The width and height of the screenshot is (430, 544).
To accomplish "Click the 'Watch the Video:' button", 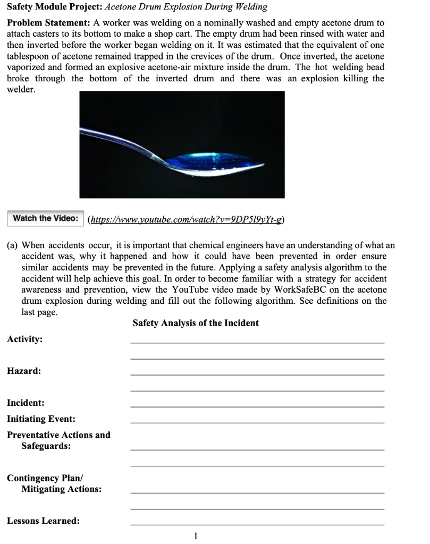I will coord(45,218).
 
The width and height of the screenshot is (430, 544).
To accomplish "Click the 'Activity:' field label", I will coord(25,339).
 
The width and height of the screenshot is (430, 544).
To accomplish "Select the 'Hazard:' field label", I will coord(23,371).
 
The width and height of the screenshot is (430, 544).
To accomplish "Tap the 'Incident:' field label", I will coord(26,403).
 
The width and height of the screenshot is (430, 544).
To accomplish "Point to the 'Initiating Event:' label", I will coord(41,419).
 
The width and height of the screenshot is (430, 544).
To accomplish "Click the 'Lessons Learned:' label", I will coord(44,521).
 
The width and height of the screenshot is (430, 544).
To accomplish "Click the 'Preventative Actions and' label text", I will coord(58,435).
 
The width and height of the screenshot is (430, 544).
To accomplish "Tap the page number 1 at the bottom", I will coord(196,535).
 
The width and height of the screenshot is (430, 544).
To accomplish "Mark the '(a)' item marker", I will coord(12,245).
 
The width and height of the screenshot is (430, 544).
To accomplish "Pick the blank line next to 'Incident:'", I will coord(257,406).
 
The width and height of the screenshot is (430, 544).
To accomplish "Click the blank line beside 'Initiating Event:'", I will coord(257,422).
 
